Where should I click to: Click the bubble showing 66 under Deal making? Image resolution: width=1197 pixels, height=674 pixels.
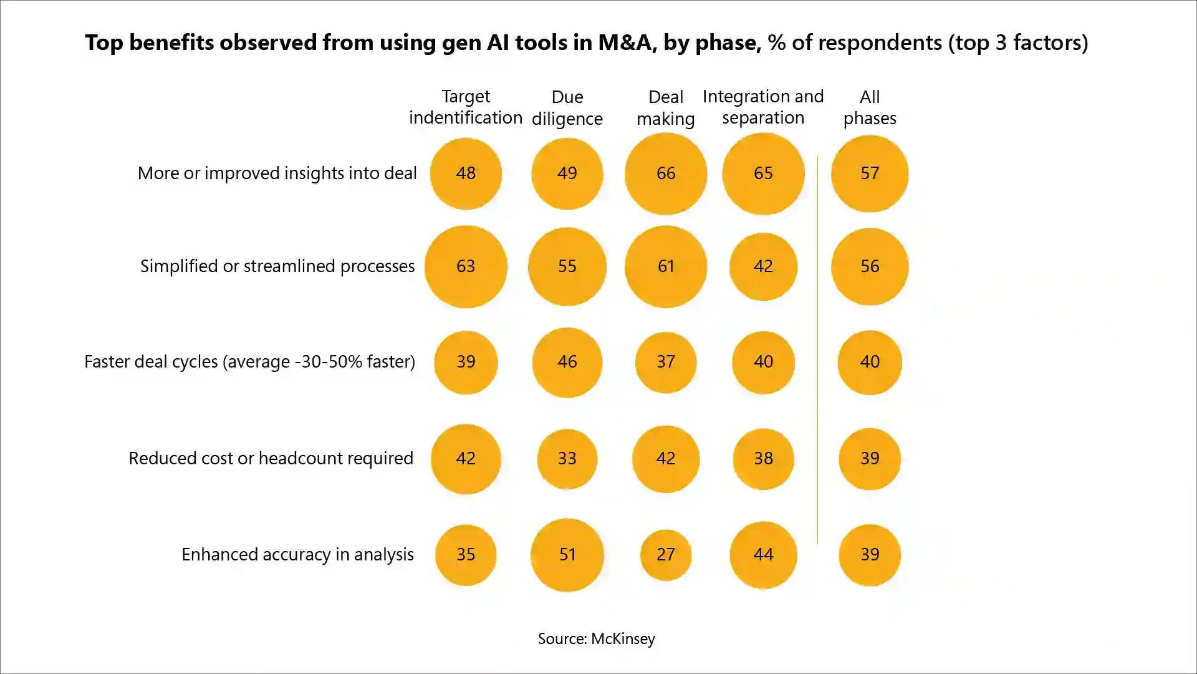666,173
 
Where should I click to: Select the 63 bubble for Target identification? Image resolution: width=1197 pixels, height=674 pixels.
466,266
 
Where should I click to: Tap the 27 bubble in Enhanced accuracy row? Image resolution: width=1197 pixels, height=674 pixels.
666,555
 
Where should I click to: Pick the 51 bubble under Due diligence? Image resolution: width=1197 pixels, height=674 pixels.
567,555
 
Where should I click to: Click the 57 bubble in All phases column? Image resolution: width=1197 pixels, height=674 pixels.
870,173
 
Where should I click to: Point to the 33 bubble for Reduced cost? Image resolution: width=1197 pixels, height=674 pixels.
567,459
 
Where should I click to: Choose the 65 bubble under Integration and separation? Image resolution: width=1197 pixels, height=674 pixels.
763,173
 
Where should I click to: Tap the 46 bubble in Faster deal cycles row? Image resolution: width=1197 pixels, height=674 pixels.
567,362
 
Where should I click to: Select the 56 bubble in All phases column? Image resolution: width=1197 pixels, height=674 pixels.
870,266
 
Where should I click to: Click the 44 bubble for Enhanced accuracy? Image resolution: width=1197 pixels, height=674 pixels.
763,555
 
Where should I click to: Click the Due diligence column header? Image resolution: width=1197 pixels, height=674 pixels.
567,107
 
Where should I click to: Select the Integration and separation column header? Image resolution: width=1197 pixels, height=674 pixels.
763,107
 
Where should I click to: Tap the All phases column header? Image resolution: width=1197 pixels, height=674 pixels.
870,107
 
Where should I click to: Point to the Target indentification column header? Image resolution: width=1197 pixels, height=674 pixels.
466,107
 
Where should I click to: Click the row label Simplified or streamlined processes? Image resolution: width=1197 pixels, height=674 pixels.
277,266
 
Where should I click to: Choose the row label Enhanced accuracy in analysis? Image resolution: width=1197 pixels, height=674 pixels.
297,555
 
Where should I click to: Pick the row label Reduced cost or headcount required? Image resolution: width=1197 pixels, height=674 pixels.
271,459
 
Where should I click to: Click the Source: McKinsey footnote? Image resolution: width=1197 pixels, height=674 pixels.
597,639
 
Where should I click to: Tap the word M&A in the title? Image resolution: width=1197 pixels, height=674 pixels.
627,42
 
